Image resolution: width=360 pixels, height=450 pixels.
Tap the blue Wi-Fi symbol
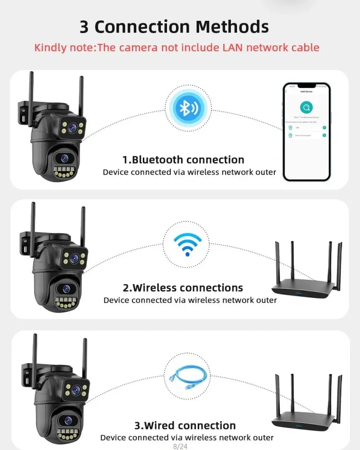click(187, 243)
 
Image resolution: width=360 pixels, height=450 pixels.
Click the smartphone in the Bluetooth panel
click(306, 132)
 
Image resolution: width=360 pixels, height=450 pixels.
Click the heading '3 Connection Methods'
click(174, 27)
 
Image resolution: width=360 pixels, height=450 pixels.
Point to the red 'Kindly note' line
click(176, 47)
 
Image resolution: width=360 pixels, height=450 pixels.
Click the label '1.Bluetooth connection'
click(183, 160)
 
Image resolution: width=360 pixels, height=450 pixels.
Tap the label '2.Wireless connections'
click(183, 287)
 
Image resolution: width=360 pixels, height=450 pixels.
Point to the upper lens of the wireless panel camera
click(73, 258)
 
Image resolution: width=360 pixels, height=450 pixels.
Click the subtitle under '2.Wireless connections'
click(190, 300)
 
